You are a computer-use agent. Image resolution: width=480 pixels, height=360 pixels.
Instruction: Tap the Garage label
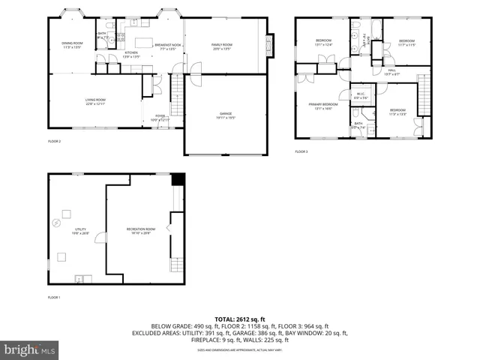[x=226, y=115]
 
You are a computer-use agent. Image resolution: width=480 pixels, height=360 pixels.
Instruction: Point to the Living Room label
[x=94, y=101]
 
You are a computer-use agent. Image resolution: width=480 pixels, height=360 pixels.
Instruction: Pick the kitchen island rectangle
[x=142, y=43]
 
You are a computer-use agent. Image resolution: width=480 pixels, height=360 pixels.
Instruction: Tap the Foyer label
[x=160, y=118]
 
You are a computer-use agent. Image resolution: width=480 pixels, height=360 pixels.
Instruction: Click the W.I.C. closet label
[x=361, y=96]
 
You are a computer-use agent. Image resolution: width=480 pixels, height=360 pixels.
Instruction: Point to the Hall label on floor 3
[x=391, y=72]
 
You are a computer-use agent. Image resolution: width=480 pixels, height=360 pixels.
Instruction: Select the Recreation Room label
[x=140, y=230]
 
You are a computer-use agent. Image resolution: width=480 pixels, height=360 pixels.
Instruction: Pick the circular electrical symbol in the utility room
[x=55, y=222]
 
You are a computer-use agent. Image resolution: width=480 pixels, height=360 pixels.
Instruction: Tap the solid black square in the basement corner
[x=178, y=179]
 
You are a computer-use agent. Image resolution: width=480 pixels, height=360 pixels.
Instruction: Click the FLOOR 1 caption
[x=54, y=298]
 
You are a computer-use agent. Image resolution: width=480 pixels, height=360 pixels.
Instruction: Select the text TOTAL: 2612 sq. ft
[x=240, y=319]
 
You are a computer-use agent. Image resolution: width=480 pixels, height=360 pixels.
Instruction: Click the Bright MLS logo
[x=30, y=349]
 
